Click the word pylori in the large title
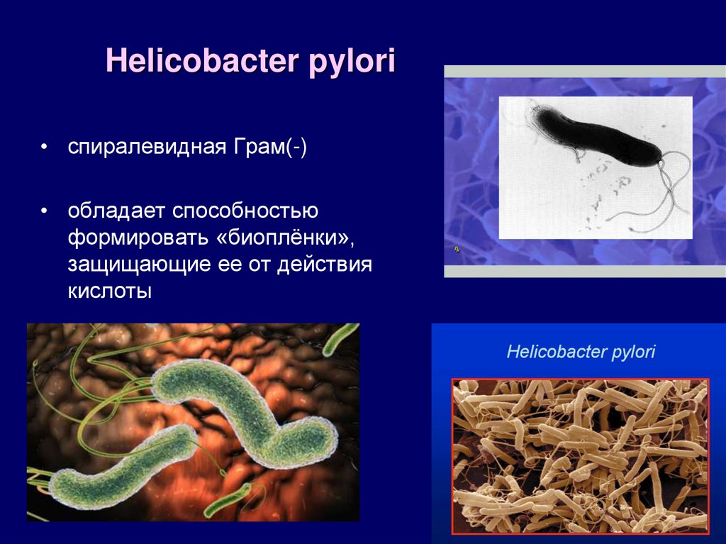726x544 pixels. point(352,62)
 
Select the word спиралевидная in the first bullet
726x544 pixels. point(147,147)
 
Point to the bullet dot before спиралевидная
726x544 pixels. point(44,148)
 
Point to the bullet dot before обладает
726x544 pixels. point(44,211)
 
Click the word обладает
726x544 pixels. point(116,211)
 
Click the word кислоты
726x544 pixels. point(110,292)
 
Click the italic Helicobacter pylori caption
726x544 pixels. point(581,351)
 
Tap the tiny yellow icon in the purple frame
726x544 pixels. point(457,250)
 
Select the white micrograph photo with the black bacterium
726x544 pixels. point(596,168)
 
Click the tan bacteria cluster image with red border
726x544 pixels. point(580,456)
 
